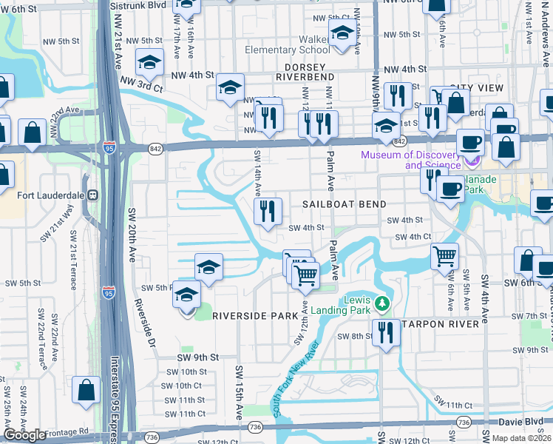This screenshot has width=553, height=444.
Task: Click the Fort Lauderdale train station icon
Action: tap(93, 196)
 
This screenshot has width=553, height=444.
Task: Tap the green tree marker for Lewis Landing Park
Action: tap(381, 303)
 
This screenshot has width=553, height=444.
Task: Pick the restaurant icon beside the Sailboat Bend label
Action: tap(268, 212)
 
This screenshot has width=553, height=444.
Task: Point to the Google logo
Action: tap(24, 436)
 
